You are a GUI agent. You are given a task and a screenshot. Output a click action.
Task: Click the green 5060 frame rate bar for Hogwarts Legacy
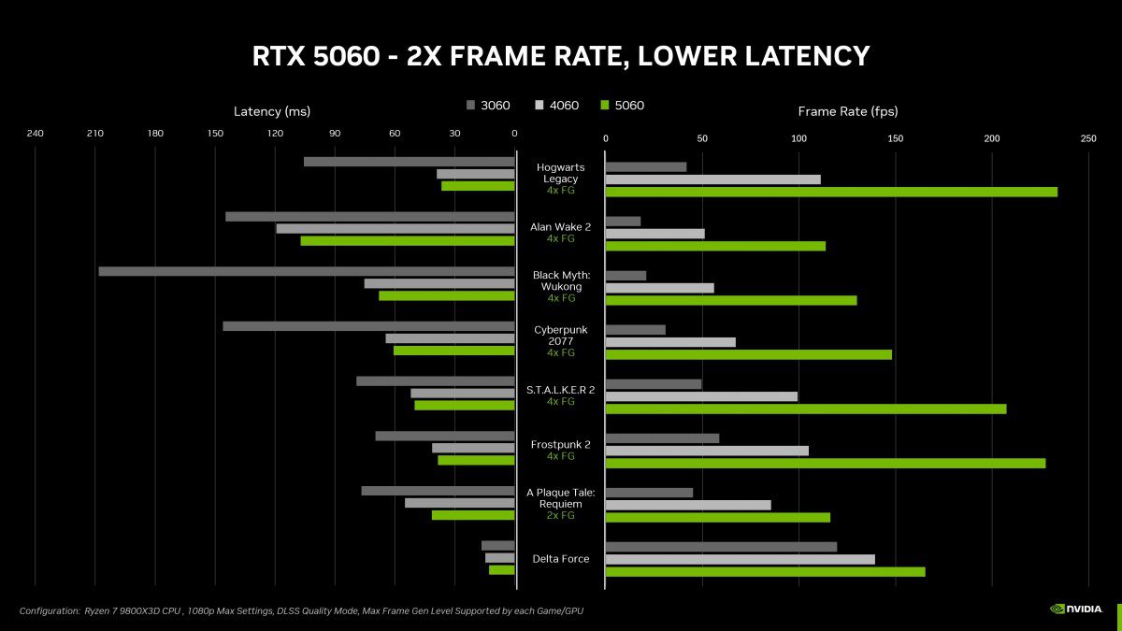831,192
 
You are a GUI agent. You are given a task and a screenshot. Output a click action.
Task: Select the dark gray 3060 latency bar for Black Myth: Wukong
307,271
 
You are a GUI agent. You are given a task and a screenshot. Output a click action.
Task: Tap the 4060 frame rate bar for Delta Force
741,559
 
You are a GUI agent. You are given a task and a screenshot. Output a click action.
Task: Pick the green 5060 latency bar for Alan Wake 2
408,240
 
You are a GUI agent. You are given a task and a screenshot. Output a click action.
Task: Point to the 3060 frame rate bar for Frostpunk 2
662,438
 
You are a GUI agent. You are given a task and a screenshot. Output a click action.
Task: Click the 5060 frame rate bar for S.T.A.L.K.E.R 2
806,409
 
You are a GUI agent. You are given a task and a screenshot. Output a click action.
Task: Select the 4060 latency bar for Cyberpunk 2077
450,338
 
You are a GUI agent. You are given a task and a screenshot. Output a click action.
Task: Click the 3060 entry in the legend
488,106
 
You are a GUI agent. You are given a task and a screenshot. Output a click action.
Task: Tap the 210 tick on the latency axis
94,134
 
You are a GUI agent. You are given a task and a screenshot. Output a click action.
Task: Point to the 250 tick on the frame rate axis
1088,138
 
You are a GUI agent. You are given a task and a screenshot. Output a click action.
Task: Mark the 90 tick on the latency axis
335,134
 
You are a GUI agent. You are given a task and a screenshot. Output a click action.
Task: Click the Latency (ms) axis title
271,111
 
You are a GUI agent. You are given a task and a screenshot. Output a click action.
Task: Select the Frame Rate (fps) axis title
847,111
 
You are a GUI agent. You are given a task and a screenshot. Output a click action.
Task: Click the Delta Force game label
561,559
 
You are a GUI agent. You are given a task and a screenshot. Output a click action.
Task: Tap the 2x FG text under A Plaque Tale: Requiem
561,515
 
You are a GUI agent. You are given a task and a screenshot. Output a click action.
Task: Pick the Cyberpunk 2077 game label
561,335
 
